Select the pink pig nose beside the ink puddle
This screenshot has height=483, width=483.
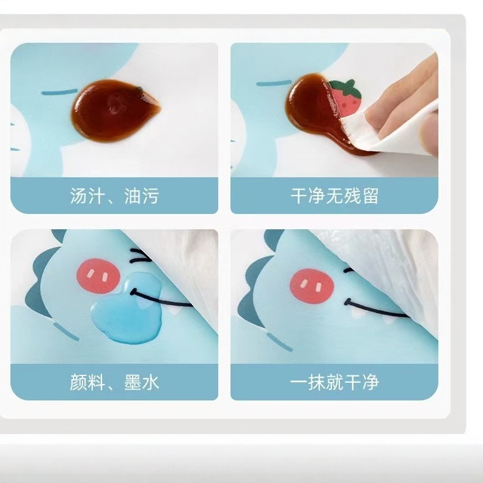pyautogui.click(x=98, y=275)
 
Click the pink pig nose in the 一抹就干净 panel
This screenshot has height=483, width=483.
pyautogui.click(x=312, y=286)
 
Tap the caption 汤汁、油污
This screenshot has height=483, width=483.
pyautogui.click(x=114, y=196)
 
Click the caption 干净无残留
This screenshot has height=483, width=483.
pyautogui.click(x=334, y=196)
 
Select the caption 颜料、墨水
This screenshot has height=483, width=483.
pyautogui.click(x=114, y=383)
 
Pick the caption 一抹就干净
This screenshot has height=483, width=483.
pyautogui.click(x=334, y=382)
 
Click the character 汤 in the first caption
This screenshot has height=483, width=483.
pyautogui.click(x=78, y=196)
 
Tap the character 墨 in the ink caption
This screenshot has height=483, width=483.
pyautogui.click(x=133, y=383)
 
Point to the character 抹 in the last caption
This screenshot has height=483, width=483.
pyautogui.click(x=316, y=382)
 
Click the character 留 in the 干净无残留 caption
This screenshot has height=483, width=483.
pyautogui.click(x=370, y=196)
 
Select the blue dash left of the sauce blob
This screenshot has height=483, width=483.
pyautogui.click(x=59, y=92)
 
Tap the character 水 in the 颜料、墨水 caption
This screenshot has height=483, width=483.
pyautogui.click(x=150, y=383)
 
